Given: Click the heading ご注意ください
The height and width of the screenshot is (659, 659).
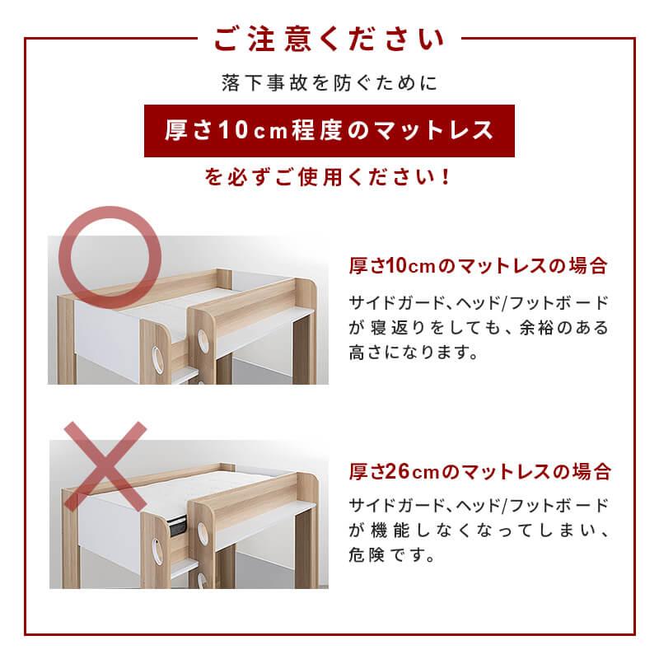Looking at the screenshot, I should (x=329, y=40).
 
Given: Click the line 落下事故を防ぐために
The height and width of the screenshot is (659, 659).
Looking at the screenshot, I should (x=329, y=83).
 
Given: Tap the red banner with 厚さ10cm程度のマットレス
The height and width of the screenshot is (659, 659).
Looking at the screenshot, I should (x=329, y=130).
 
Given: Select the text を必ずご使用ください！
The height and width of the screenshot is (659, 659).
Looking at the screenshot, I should (x=329, y=178).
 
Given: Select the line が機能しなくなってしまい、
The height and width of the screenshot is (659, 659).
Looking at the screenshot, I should (x=479, y=530).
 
